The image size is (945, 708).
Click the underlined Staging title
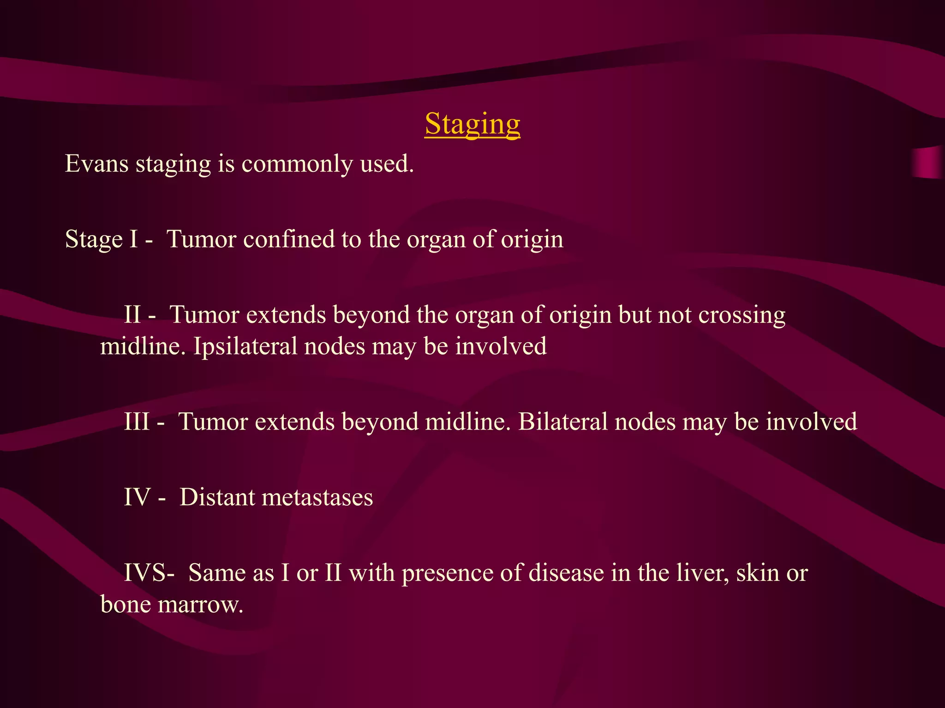[x=472, y=124]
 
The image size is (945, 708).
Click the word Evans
[x=96, y=164]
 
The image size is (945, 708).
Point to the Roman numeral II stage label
[x=132, y=315]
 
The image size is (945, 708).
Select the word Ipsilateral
[x=245, y=347]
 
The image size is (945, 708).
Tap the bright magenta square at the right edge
[x=928, y=162]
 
